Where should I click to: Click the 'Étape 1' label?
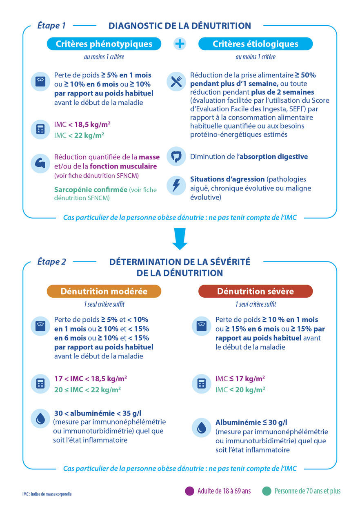[x=51, y=26]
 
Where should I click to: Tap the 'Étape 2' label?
[x=52, y=262]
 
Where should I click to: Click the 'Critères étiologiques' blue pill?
[x=255, y=44]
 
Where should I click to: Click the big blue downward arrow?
[x=180, y=239]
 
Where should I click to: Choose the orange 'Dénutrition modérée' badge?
[x=104, y=291]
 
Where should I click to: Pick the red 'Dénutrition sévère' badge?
[x=255, y=291]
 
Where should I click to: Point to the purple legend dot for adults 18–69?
[x=189, y=491]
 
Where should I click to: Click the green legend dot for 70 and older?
[x=267, y=491]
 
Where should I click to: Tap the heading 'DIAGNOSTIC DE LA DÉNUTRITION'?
[x=180, y=26]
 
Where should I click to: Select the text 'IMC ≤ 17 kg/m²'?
[x=240, y=378]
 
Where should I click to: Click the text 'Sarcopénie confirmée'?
[x=91, y=190]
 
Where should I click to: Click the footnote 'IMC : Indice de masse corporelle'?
[x=47, y=494]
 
